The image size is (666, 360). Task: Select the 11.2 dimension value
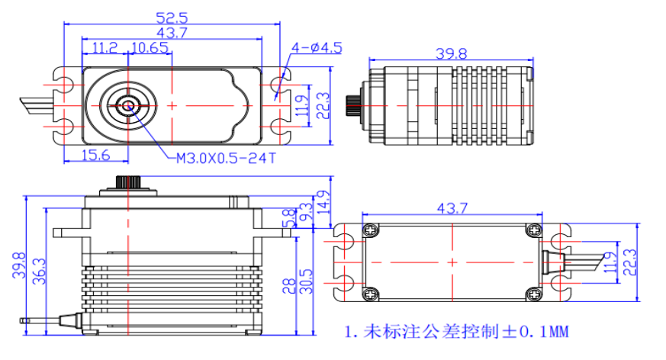(104, 48)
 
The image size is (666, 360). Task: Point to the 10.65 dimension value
(150, 48)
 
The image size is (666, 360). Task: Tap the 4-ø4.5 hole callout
(316, 48)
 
